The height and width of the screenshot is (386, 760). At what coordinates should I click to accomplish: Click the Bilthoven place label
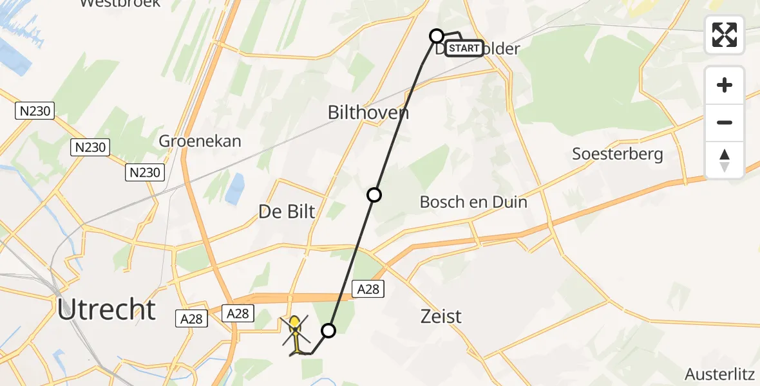pos(368,113)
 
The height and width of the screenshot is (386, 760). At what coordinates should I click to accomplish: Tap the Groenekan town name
pos(200,141)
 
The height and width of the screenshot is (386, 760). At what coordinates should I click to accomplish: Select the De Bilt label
pos(287,211)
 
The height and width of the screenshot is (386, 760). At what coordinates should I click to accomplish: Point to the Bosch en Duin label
pos(473,202)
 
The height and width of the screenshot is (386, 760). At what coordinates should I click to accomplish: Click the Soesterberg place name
pos(618,154)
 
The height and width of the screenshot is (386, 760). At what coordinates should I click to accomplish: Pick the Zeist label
pos(441,317)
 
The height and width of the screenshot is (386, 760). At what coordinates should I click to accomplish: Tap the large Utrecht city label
pos(106,310)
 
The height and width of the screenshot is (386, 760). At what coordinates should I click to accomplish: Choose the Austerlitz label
pos(721,374)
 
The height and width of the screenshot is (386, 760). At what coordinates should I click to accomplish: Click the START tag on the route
pos(464,48)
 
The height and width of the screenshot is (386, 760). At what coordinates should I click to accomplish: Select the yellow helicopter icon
pos(295,334)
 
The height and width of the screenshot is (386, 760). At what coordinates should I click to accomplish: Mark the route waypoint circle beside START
pos(437,36)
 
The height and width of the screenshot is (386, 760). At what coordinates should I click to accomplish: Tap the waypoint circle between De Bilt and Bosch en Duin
pos(374,195)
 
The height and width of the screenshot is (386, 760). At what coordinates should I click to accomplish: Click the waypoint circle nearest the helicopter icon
pos(328,331)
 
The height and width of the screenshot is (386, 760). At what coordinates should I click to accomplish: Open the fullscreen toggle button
pos(725,35)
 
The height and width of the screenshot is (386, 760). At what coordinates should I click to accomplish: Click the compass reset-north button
pos(725,160)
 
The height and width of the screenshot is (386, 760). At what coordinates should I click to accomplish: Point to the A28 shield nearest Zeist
pos(368,290)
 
